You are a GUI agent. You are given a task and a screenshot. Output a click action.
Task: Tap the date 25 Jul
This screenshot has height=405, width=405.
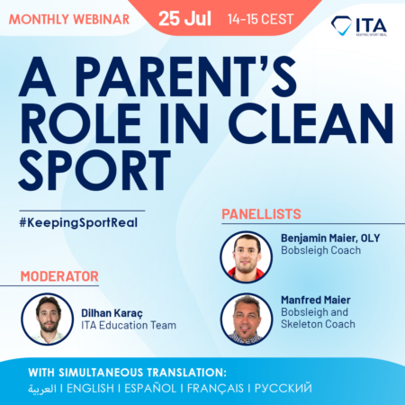click(184, 17)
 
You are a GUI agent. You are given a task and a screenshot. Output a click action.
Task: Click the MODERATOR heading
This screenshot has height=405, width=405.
click(59, 275)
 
